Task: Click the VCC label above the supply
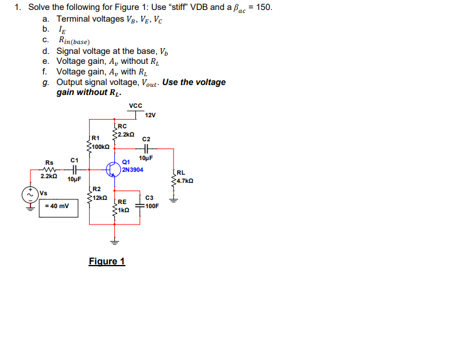pyautogui.click(x=135, y=106)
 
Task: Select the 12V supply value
pyautogui.click(x=150, y=115)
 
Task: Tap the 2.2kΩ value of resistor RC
pyautogui.click(x=127, y=135)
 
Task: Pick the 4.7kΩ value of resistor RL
pyautogui.click(x=186, y=181)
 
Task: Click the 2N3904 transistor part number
pyautogui.click(x=132, y=169)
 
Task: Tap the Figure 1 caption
pyautogui.click(x=107, y=261)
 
